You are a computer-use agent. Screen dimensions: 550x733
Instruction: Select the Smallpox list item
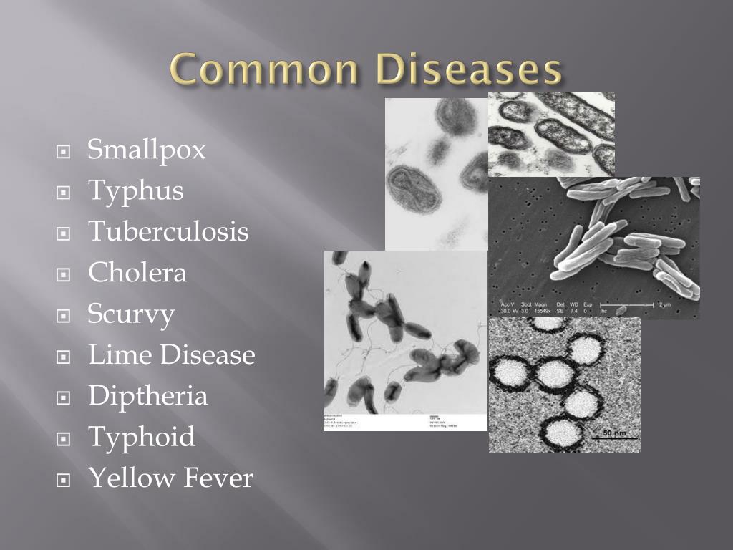pos(147,150)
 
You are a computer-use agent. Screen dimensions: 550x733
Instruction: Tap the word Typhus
pos(135,191)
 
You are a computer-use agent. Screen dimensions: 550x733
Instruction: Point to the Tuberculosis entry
pos(168,231)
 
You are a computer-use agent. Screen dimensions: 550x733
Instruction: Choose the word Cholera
pos(137,272)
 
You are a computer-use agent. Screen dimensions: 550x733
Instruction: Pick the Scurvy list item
pos(131,314)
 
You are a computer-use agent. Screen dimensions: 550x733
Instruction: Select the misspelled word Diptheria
pos(147,396)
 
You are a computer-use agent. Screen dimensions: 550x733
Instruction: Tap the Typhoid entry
pos(141,436)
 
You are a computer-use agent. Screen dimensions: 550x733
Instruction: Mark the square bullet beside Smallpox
pos(64,152)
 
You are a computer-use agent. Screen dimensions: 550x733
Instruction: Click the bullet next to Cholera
pos(64,274)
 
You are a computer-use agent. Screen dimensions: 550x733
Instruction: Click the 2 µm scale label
pos(685,304)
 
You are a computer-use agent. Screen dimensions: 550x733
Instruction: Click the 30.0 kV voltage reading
pos(510,311)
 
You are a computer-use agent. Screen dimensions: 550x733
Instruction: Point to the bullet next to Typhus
pos(64,193)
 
